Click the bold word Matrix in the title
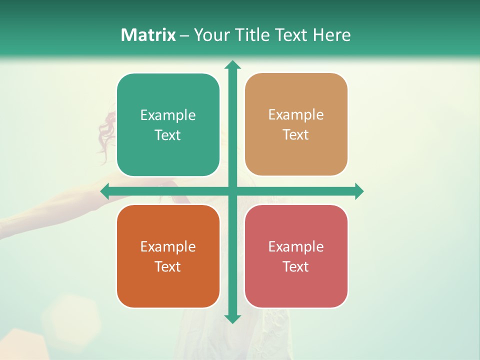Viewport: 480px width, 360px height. click(148, 35)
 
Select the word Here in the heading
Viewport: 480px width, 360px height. click(332, 35)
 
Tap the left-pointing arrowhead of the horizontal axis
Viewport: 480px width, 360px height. click(105, 191)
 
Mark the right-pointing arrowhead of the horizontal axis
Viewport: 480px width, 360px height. click(359, 191)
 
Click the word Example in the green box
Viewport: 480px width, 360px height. click(168, 115)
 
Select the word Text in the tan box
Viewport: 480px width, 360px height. click(295, 135)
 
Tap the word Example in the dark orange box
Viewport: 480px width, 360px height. click(168, 246)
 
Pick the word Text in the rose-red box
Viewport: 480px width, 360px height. click(295, 266)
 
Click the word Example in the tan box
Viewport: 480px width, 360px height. click(296, 115)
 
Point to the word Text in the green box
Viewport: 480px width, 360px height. click(167, 135)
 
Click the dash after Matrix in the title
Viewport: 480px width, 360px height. click(184, 35)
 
